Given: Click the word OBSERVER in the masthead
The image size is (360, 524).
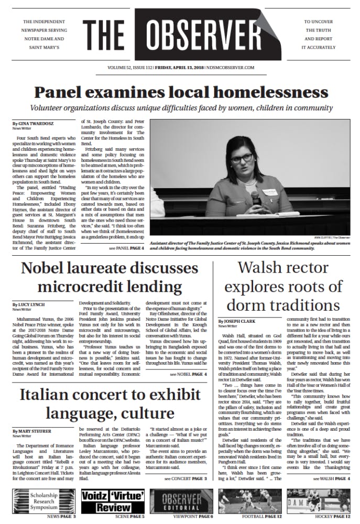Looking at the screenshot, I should coord(216,36).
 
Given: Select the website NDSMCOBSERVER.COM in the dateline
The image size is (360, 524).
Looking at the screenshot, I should coord(232,67).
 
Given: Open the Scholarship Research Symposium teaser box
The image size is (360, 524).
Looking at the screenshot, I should coord(43,502).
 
